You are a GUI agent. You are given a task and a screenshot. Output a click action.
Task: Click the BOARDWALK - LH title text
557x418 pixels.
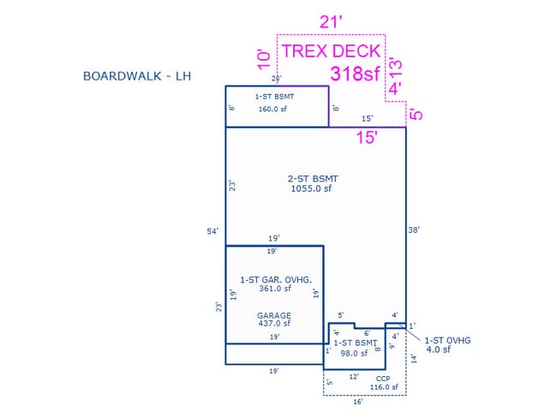point(136,76)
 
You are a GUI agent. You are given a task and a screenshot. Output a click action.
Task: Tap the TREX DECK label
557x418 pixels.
point(331,51)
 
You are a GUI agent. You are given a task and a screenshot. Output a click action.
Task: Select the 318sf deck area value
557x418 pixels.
point(355,74)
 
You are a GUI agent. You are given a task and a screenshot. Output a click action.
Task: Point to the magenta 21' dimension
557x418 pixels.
point(331,21)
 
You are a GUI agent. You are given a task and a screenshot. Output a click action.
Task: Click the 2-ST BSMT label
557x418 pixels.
point(313,178)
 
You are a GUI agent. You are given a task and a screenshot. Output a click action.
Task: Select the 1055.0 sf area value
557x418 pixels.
point(313,188)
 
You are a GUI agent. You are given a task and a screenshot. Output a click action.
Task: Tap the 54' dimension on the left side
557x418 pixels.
point(212,231)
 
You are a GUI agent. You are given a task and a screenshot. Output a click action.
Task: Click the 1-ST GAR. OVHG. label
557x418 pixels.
point(274,279)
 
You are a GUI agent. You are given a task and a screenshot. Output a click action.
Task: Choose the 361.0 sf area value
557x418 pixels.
point(274,289)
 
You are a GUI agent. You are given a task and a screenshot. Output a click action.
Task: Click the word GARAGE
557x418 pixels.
point(274,315)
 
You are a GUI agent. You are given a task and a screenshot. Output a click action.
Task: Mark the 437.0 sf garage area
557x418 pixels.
point(274,324)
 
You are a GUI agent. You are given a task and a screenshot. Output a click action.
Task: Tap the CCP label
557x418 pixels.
point(383,378)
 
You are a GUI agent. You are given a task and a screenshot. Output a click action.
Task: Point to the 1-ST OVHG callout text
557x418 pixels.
point(447,340)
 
